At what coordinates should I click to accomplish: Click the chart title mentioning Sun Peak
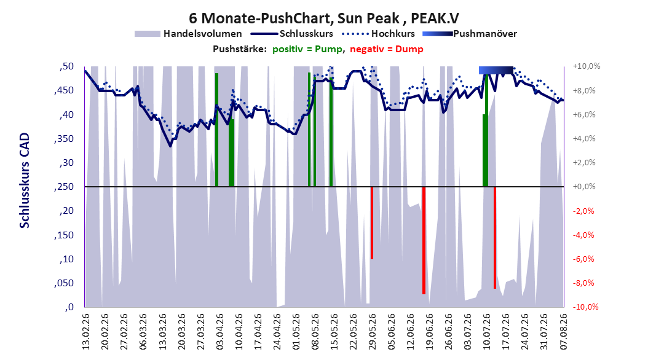pos(323,18)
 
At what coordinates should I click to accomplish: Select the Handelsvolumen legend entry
pos(189,34)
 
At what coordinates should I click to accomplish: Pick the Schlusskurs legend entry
pos(292,34)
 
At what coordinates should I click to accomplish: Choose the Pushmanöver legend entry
pos(470,34)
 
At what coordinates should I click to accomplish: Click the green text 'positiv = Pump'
pos(307,49)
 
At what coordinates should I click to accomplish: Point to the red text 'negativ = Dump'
pos(387,49)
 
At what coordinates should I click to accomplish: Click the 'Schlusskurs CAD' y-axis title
pos(25,181)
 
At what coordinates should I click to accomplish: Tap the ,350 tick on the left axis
pos(64,139)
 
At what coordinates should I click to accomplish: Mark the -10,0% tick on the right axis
pos(585,307)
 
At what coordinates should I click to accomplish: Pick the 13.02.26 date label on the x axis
pos(86,332)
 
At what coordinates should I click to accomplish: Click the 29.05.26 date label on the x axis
pos(372,332)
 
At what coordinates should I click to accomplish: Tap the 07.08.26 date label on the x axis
pos(563,332)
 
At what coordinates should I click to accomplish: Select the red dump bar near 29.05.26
pos(372,223)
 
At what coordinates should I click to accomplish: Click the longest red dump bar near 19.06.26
pos(424,240)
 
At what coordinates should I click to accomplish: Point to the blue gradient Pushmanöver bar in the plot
pos(496,70)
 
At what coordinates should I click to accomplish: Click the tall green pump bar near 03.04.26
pos(216,130)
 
